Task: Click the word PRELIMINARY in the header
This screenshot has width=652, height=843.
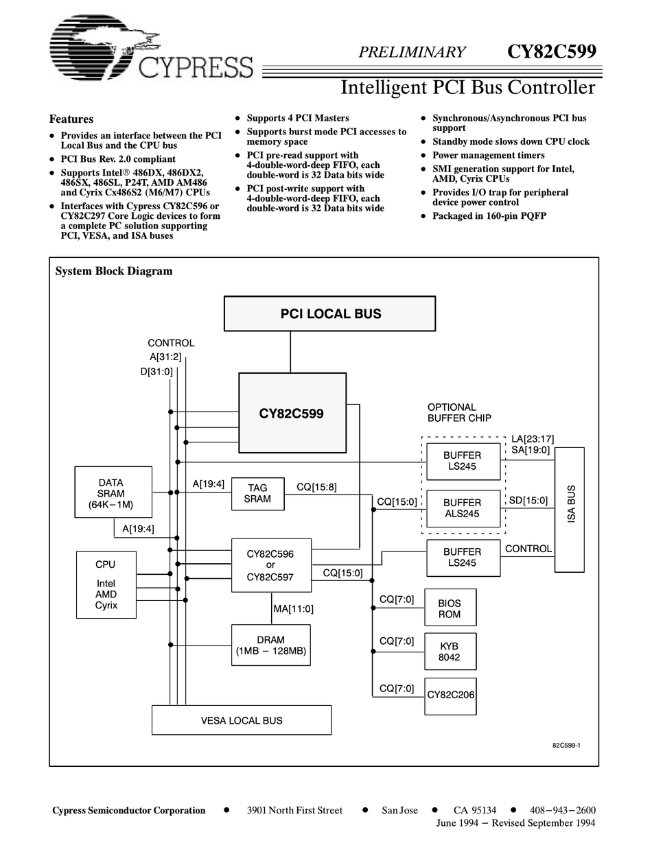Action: point(412,52)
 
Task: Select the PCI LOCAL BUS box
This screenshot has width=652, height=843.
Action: point(330,313)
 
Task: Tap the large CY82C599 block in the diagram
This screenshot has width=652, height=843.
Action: point(292,413)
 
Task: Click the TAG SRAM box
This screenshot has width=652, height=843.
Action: point(257,493)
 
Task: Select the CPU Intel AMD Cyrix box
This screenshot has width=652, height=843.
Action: point(106,584)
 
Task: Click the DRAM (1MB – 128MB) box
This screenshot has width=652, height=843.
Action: point(270,645)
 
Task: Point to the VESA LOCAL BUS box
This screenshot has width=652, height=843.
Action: point(241,720)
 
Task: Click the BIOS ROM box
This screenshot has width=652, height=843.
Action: point(450,608)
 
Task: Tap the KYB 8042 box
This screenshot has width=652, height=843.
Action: point(450,651)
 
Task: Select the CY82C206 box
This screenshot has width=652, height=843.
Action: point(450,695)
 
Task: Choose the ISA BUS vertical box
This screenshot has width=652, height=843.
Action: point(569,510)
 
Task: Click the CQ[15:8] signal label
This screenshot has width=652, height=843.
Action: point(316,487)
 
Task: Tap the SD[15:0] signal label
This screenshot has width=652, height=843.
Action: point(528,500)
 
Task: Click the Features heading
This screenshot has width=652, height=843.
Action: point(71,119)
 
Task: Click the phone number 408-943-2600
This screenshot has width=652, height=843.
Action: point(563,810)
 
